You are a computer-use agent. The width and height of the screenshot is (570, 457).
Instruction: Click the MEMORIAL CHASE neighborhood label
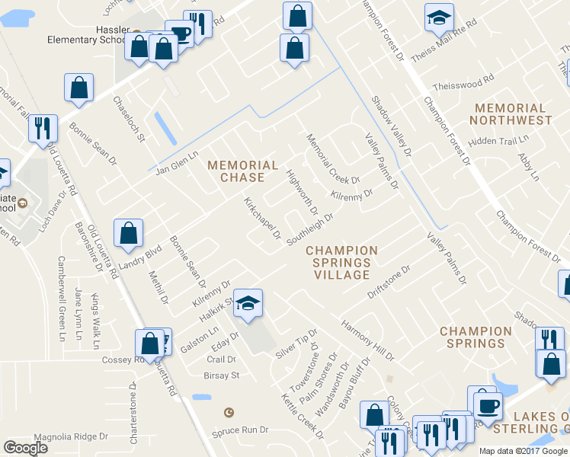point(243,171)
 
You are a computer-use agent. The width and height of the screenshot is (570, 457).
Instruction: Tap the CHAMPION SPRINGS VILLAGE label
point(342,262)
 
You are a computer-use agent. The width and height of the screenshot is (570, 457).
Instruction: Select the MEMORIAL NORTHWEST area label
point(511,114)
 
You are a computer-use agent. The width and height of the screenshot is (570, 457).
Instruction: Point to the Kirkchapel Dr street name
point(263,219)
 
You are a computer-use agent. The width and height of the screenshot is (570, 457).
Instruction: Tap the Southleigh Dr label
point(310,229)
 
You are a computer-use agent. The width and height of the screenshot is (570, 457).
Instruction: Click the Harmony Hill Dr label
point(367,340)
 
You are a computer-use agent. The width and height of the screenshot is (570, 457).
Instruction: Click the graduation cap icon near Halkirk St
point(248,303)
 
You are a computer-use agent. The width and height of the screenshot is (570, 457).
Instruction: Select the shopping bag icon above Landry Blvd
point(129,233)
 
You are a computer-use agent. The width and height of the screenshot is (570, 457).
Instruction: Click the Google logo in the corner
point(25,448)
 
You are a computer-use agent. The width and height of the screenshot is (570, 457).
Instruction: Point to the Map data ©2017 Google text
point(523,451)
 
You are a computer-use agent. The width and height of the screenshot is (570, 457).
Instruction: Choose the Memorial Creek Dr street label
point(332,159)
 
